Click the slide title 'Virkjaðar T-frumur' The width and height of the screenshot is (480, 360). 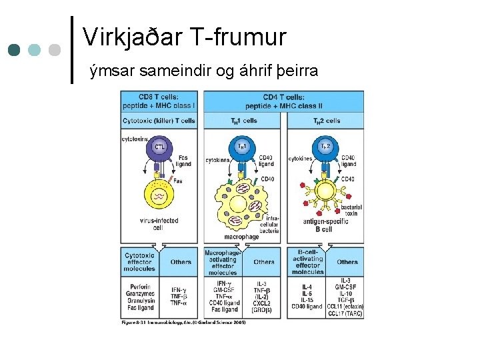click(185, 37)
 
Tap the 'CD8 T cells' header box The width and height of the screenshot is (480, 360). click(159, 101)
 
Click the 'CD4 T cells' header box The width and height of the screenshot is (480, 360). click(284, 101)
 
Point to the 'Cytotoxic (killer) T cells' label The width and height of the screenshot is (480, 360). click(159, 121)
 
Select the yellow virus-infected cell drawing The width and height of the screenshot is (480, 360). click(159, 196)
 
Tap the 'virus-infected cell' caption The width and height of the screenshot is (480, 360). click(158, 223)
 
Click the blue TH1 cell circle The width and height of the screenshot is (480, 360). click(241, 147)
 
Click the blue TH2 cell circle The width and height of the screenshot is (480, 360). click(325, 147)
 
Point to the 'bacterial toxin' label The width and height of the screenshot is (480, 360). click(351, 211)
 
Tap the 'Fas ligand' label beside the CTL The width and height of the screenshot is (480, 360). click(183, 161)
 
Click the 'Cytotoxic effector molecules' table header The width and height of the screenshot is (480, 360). click(139, 261)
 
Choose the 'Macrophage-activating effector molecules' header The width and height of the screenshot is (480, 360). click(223, 261)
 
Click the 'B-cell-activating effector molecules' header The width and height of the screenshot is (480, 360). click(307, 261)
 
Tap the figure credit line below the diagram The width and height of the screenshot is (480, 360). click(183, 322)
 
